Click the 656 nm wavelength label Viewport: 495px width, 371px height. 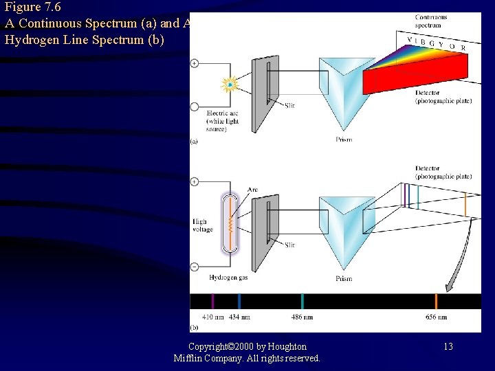click(436, 317)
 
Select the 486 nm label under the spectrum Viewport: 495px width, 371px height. click(302, 317)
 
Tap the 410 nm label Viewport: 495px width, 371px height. click(213, 317)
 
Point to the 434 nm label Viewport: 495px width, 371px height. click(239, 317)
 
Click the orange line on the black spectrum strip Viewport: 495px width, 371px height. click(436, 302)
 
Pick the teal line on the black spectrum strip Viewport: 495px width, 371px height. click(302, 302)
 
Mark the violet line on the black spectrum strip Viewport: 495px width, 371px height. click(212, 302)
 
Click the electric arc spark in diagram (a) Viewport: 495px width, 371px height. click(229, 85)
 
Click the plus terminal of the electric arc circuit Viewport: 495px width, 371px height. click(195, 63)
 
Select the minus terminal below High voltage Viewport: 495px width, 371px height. click(195, 266)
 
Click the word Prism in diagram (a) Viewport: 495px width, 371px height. click(344, 139)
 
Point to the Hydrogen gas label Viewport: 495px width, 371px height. click(228, 278)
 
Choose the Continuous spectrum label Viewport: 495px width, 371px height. click(431, 21)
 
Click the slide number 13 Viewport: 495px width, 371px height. click(448, 346)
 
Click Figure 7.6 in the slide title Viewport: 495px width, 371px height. click(33, 8)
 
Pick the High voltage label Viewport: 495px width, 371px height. click(203, 226)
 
